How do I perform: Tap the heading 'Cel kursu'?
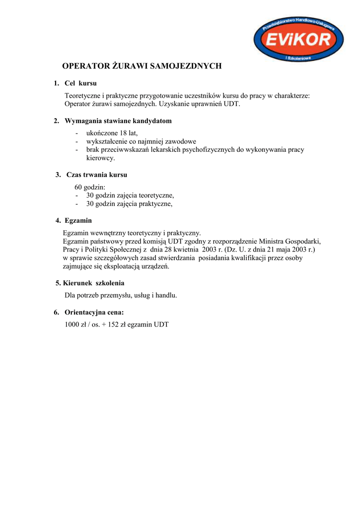[x=80, y=83]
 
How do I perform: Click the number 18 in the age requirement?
[x=123, y=133]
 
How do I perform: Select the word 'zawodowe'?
[x=181, y=141]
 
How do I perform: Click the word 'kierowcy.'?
[x=100, y=158]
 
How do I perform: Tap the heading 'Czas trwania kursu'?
[x=97, y=175]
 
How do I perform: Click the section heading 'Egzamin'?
[x=79, y=220]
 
